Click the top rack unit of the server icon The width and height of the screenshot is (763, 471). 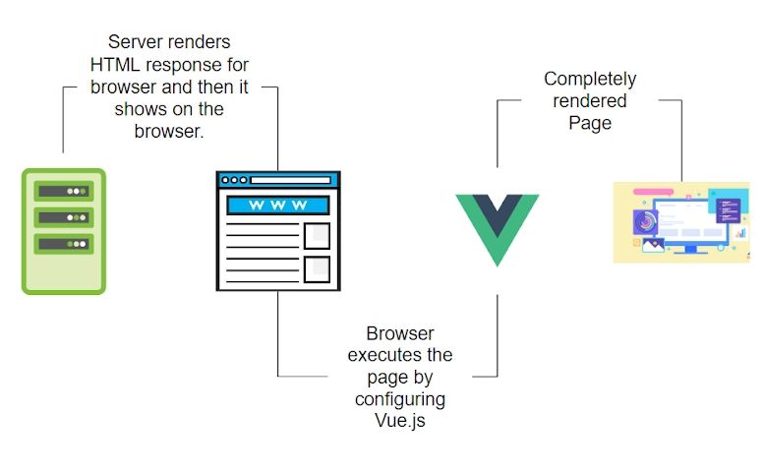(63, 190)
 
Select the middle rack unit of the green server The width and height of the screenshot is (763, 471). (63, 216)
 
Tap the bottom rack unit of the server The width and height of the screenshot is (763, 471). (63, 243)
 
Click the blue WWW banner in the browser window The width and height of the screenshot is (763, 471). (277, 206)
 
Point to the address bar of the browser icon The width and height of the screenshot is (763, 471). (291, 180)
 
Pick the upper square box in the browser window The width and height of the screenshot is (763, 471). (317, 235)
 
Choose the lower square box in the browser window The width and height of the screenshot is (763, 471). (317, 268)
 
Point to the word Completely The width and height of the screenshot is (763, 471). (590, 79)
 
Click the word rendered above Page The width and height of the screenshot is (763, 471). (590, 100)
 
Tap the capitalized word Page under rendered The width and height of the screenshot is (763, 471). (590, 123)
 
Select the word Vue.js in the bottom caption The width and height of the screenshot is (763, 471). (400, 422)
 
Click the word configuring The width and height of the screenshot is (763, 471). (400, 399)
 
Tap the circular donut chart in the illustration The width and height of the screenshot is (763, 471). (647, 223)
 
